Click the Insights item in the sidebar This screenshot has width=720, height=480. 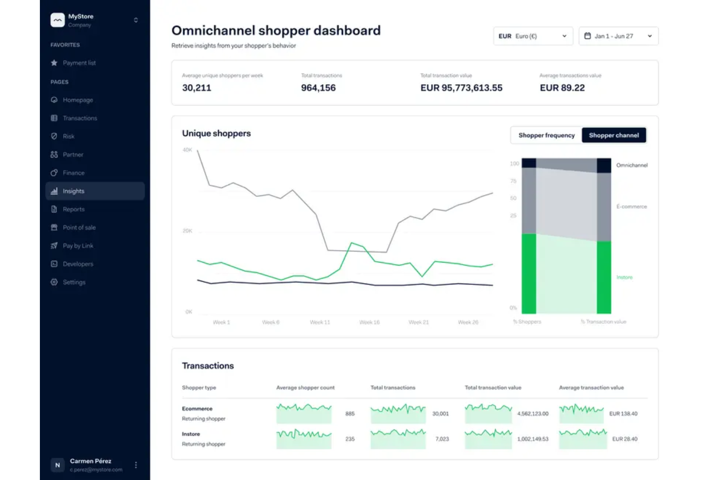(x=73, y=191)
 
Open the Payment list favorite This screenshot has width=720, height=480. (x=79, y=63)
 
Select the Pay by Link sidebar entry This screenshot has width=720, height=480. (x=78, y=246)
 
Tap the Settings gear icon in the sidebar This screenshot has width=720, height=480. (x=54, y=282)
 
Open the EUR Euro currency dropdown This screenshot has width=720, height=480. (x=533, y=36)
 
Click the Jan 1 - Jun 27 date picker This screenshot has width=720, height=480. (x=618, y=36)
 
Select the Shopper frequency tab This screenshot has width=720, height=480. (x=546, y=135)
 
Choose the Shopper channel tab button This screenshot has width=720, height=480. (x=613, y=135)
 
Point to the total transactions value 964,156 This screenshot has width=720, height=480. (x=318, y=88)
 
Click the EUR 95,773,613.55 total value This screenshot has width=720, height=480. (x=461, y=88)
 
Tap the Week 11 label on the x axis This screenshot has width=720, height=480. (x=320, y=322)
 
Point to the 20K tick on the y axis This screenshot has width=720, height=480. (x=187, y=231)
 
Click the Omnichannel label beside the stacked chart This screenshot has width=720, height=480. (x=631, y=165)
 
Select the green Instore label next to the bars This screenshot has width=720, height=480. (x=624, y=277)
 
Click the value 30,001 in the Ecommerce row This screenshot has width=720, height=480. (x=440, y=414)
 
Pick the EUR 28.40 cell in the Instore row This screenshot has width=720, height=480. (x=624, y=439)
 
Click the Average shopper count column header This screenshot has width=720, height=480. (x=305, y=388)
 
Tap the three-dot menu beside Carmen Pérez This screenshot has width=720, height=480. (x=136, y=465)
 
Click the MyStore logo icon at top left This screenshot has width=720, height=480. (x=57, y=20)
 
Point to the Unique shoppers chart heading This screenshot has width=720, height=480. (x=216, y=133)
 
